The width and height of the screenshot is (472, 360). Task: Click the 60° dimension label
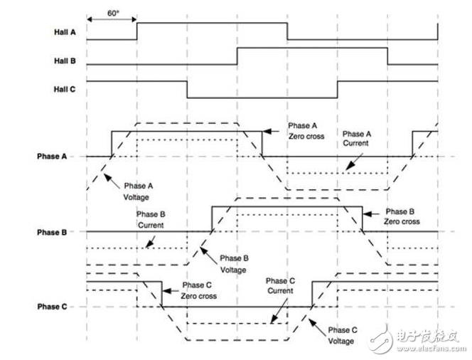[113, 14]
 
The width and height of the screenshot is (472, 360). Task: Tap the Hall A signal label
[65, 32]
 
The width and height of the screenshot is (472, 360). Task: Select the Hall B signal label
[65, 61]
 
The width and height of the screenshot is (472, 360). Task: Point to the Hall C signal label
[65, 90]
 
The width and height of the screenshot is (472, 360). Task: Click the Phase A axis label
[52, 157]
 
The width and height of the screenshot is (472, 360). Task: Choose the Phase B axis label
[52, 233]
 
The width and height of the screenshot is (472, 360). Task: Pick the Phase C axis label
[52, 307]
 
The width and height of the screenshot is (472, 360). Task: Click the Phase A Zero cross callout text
[306, 131]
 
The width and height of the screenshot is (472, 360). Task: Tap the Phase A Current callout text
[357, 139]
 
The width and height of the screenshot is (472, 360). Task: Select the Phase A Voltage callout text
[138, 191]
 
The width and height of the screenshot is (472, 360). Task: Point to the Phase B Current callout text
[151, 220]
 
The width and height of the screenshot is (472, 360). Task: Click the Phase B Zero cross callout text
[402, 216]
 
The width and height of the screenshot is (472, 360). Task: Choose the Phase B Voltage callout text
[234, 264]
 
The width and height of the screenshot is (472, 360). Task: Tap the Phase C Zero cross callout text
[198, 291]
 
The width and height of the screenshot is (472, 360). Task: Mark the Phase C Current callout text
[280, 286]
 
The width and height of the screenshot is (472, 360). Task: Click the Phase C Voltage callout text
[342, 336]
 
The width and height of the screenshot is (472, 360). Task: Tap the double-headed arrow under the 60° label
[112, 20]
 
